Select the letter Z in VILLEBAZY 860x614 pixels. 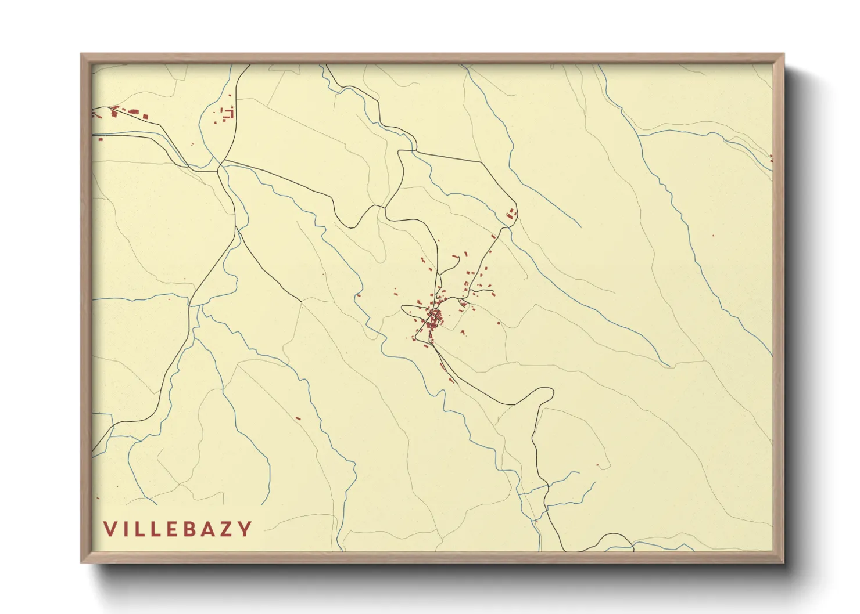229,529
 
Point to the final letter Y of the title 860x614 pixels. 246,529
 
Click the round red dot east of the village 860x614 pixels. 499,323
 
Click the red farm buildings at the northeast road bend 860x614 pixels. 511,214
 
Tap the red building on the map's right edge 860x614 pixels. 771,157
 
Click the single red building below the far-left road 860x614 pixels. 100,139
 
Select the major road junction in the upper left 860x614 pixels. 220,167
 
